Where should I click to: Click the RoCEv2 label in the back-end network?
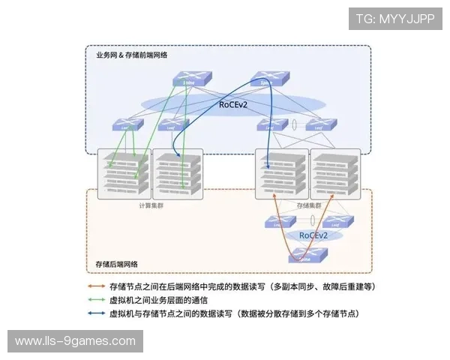[314, 235]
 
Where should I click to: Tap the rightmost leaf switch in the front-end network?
[321, 125]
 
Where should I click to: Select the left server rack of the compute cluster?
[124, 172]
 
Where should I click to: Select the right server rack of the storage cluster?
[331, 172]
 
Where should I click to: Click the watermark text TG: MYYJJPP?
[395, 19]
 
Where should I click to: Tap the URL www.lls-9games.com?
[75, 341]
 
